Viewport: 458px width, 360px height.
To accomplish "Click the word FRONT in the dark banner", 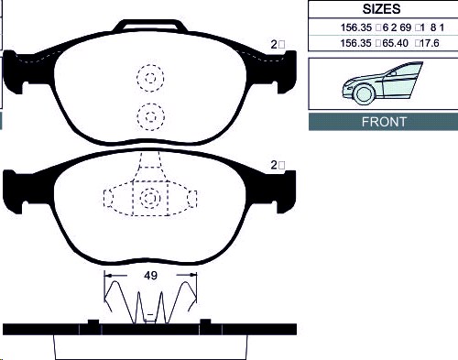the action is (383, 122).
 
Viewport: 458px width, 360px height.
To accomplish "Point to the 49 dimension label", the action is (148, 274).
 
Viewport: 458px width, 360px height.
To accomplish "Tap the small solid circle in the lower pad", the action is (148, 198).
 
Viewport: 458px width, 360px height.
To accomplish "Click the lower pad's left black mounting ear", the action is (16, 190).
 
